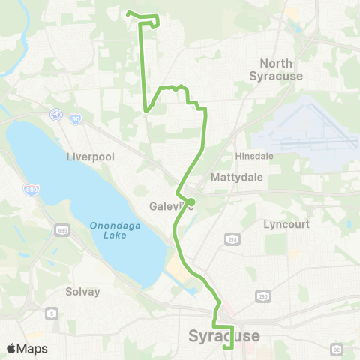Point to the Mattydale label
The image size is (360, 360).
pyautogui.click(x=236, y=178)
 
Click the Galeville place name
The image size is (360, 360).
pyautogui.click(x=169, y=206)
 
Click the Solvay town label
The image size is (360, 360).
pyautogui.click(x=82, y=292)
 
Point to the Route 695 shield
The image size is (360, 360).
pyautogui.click(x=61, y=228)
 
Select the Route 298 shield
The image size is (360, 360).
pyautogui.click(x=232, y=238)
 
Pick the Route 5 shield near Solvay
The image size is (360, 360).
pyautogui.click(x=51, y=313)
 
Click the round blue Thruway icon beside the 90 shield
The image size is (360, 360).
pyautogui.click(x=55, y=114)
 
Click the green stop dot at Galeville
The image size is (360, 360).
pyautogui.click(x=191, y=201)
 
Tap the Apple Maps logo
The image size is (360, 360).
pyautogui.click(x=26, y=348)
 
